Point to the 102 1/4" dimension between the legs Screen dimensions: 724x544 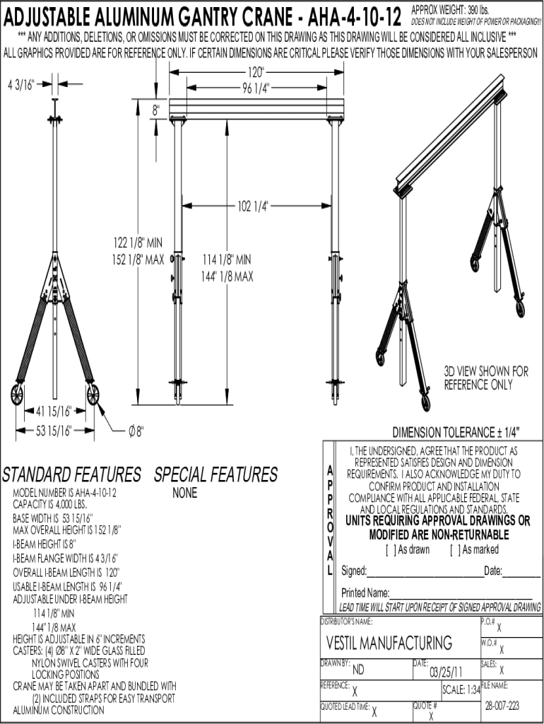(253, 206)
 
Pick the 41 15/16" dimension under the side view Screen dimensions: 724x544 (54, 411)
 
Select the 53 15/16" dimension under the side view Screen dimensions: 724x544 (54, 429)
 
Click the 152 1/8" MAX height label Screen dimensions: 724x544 (138, 259)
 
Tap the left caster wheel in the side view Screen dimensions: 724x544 (16, 395)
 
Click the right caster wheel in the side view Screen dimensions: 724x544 (93, 395)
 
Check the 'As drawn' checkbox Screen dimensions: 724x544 (389, 549)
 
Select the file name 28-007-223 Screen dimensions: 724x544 (502, 705)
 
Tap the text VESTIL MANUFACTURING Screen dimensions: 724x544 (389, 643)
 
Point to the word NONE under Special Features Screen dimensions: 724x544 (185, 494)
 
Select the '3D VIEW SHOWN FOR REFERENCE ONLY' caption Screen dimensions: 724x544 (486, 378)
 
